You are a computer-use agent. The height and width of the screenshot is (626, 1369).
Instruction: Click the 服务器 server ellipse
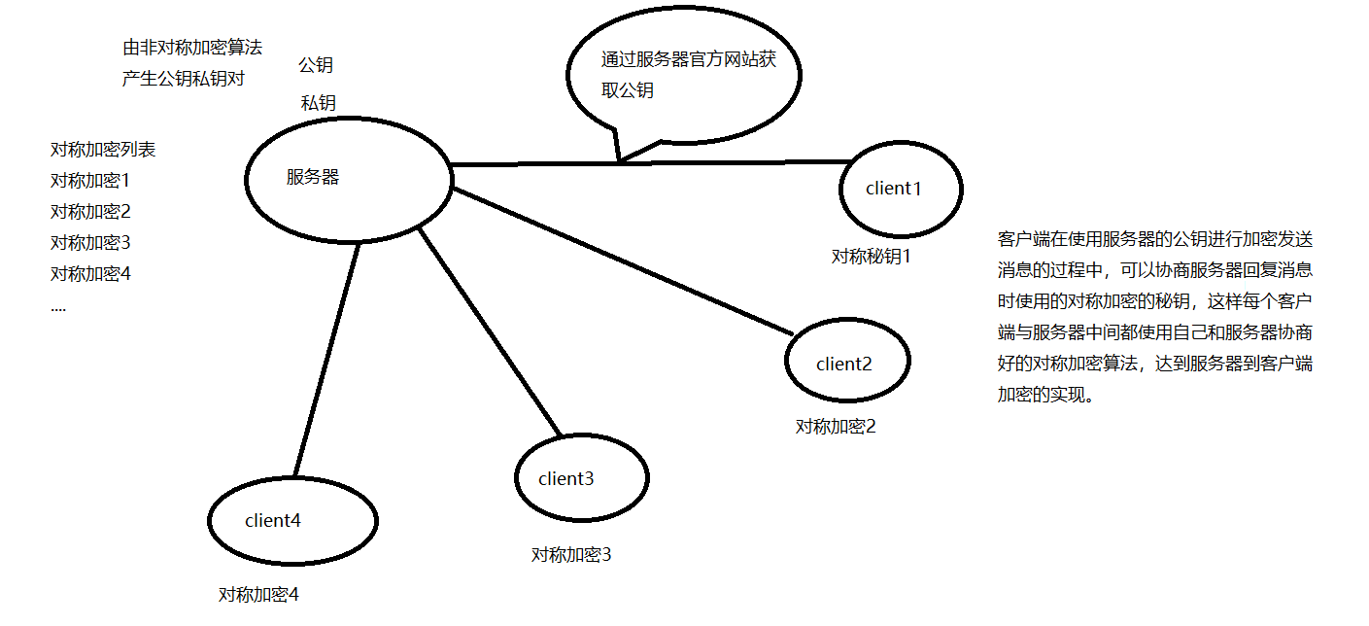coord(349,181)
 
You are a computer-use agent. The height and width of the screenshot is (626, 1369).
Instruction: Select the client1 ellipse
coord(901,189)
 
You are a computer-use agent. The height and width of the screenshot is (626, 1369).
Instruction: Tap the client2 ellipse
coord(846,362)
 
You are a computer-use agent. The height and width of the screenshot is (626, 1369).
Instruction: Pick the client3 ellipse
coord(581,478)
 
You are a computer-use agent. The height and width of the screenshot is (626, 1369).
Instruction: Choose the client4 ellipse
coord(292,521)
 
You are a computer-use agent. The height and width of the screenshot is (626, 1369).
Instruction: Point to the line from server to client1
coord(738,162)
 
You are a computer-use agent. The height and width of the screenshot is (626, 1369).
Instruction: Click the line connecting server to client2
coord(622,262)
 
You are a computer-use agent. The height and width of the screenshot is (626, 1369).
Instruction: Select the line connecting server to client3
coord(491,330)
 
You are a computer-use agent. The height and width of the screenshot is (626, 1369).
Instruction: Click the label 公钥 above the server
coord(316,65)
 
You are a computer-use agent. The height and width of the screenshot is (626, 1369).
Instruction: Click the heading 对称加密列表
coord(103,151)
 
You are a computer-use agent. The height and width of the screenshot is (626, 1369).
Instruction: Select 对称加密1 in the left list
coord(90,181)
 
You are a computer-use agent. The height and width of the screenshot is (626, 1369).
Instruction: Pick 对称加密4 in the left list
coord(90,274)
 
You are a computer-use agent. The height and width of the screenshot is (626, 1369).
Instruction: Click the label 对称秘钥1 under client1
coord(872,257)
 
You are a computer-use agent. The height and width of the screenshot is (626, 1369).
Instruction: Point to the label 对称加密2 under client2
coord(836,427)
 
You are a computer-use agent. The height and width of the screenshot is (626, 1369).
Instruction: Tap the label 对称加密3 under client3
coord(571,555)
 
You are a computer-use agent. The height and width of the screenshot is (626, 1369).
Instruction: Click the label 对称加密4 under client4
coord(258,595)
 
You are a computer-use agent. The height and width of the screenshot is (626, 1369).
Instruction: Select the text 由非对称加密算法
coord(192,48)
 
